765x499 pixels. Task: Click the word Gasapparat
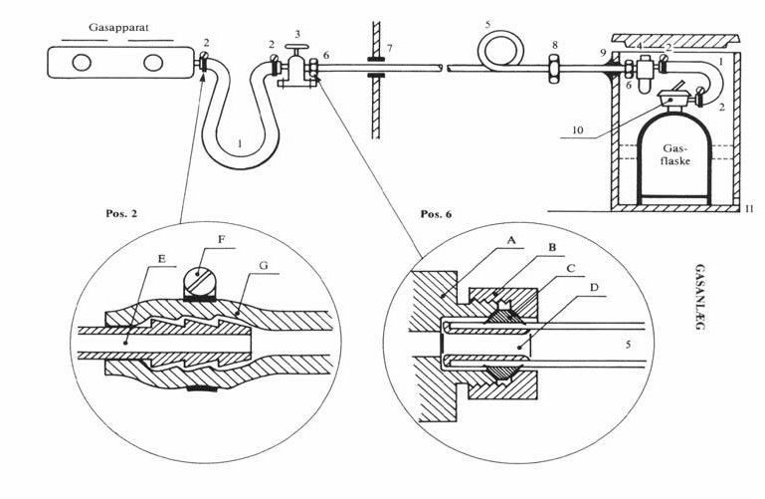coord(118,28)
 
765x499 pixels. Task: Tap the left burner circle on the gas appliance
coord(82,63)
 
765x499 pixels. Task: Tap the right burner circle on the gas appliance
coord(153,63)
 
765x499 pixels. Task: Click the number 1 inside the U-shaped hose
coord(240,143)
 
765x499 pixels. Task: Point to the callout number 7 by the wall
coord(389,49)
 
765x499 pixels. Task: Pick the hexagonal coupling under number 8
coord(554,69)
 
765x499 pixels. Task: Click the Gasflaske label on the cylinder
coord(675,153)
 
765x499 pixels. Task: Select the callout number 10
coord(577,130)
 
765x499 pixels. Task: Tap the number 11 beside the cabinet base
coord(749,209)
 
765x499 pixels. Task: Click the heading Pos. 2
coord(121,213)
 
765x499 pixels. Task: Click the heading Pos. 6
coord(436,214)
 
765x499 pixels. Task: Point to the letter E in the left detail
coord(162,259)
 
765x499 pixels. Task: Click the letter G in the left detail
coord(264,266)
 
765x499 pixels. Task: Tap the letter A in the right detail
coord(510,240)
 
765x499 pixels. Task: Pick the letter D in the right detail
coord(594,288)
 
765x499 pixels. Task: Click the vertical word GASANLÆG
coord(700,297)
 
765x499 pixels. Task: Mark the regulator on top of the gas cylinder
coord(673,99)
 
